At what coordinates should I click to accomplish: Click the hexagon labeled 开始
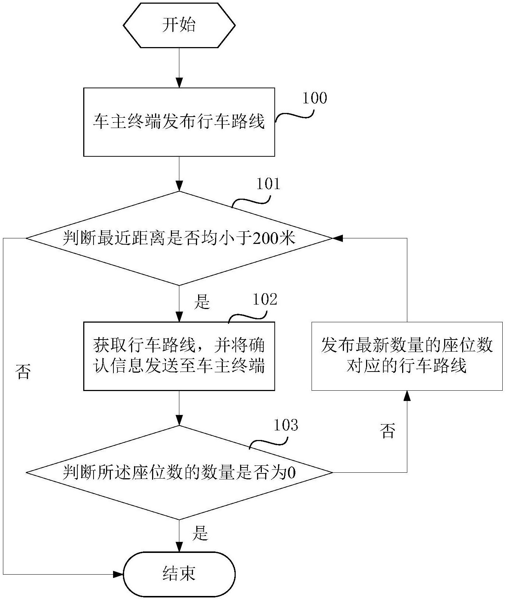click(179, 25)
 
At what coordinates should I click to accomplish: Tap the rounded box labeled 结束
click(179, 574)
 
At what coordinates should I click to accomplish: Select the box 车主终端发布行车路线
click(179, 122)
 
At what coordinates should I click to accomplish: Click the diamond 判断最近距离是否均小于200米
click(179, 238)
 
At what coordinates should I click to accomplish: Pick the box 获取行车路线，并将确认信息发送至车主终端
click(179, 356)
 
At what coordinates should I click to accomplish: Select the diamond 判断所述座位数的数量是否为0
click(179, 473)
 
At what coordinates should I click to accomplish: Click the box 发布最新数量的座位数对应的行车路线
click(407, 356)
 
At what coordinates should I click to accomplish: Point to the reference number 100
click(315, 98)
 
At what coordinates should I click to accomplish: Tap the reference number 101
click(268, 184)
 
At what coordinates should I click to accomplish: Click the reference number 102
click(265, 299)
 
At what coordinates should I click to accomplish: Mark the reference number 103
click(286, 425)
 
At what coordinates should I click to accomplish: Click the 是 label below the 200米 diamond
click(202, 302)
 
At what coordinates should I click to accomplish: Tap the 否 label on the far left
click(23, 372)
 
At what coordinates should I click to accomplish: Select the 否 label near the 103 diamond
click(387, 431)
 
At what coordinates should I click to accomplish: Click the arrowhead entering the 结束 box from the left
click(118, 574)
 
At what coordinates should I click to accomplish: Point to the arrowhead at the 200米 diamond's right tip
click(338, 238)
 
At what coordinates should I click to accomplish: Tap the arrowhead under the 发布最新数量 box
click(407, 395)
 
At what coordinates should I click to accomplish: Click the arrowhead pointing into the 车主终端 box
click(179, 83)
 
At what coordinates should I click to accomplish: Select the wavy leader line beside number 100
click(294, 116)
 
